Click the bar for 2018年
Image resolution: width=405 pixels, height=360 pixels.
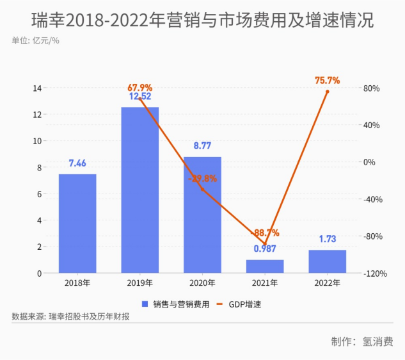77,224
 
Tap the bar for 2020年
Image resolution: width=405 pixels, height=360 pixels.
202,215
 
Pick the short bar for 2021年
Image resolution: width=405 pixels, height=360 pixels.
265,266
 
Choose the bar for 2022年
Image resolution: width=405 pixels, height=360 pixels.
327,261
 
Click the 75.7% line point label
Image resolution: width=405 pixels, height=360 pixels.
327,81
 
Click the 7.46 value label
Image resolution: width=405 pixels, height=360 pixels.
77,163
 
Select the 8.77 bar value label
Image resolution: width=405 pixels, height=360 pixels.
202,145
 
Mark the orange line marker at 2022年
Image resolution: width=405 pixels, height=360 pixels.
327,92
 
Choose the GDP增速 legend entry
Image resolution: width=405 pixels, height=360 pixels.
240,304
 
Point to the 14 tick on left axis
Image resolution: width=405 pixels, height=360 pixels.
37,88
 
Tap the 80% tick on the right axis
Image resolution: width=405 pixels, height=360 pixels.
372,88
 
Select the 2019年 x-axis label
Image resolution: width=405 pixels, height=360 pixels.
140,282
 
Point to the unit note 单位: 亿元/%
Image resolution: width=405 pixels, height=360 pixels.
35,41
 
